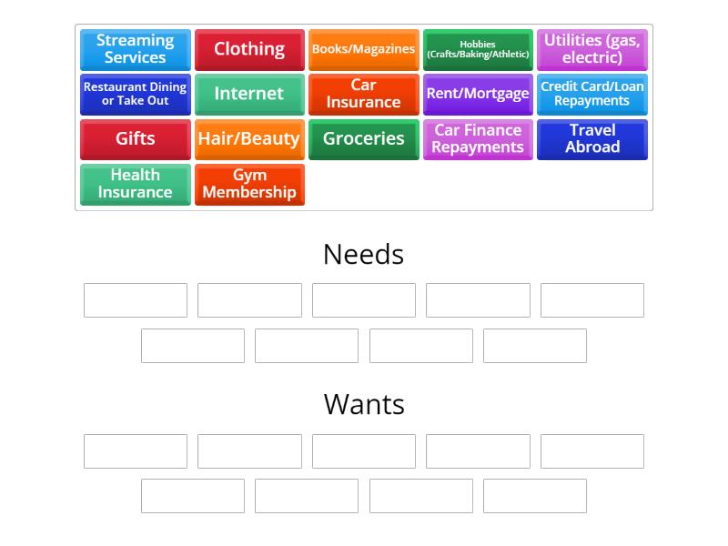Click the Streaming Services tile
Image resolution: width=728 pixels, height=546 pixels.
coord(136,50)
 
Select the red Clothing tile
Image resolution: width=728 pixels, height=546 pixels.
coord(249,50)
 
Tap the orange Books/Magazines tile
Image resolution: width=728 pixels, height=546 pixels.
coord(363,50)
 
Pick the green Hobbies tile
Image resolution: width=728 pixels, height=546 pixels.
coord(478,50)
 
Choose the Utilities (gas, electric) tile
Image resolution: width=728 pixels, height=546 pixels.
coord(592,50)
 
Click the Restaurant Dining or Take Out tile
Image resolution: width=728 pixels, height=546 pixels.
coord(136,95)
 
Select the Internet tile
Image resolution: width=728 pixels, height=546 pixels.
coord(249,95)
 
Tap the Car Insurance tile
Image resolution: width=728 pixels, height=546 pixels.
coord(363,95)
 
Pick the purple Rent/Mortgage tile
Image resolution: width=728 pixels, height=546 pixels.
coord(478,95)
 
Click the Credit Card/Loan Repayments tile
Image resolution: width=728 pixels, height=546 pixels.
coord(592,95)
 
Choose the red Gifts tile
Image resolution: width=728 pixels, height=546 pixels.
coord(136,139)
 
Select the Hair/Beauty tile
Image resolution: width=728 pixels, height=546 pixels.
coord(249,139)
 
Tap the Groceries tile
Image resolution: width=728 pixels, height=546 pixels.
coord(363,139)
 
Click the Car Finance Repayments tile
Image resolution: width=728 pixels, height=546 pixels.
coord(478,139)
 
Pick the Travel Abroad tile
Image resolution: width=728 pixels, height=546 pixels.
coord(592,139)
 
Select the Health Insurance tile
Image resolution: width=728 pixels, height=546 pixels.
coord(136,185)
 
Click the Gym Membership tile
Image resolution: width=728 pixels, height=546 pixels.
coord(249,185)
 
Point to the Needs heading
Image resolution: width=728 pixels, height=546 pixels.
coord(363,255)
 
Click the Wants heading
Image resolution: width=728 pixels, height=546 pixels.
coord(364,404)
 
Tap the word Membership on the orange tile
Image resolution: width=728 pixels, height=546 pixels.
coord(249,192)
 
